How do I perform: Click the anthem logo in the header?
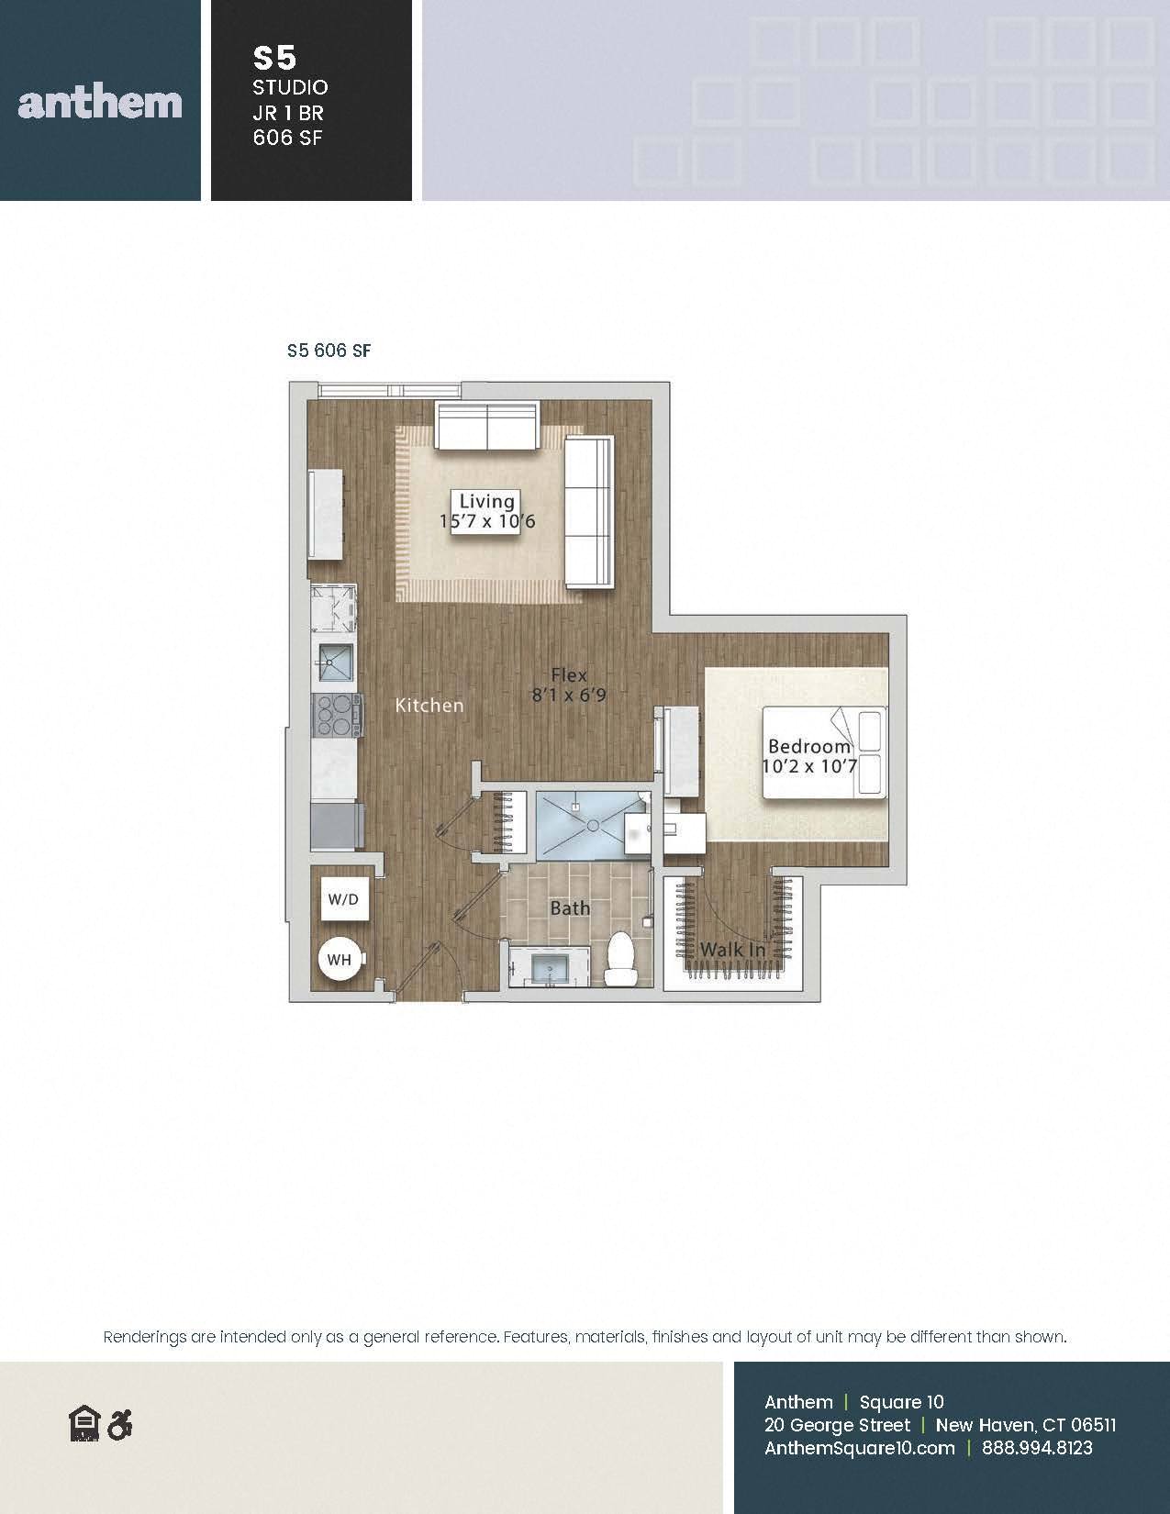coord(100,103)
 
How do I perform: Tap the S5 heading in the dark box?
coord(274,59)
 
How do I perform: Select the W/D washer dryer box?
coord(343,899)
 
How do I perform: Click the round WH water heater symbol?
coord(340,960)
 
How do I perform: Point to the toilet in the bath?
coord(619,959)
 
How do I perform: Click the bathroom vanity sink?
coord(549,967)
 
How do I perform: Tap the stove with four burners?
coord(338,716)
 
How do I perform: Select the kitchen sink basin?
coord(336,662)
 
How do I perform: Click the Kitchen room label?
coord(429,705)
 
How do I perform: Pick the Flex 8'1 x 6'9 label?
coord(569,685)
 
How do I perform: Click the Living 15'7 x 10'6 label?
coord(487,511)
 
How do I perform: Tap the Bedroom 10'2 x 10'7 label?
coord(809,756)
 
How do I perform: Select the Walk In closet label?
coord(732,949)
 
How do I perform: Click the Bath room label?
coord(570,907)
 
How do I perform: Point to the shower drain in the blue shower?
coord(593,826)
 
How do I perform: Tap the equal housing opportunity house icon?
coord(85,1423)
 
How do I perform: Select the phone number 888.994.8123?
coord(1037,1448)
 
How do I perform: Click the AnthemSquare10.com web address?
coord(859,1448)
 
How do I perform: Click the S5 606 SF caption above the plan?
coord(329,351)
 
